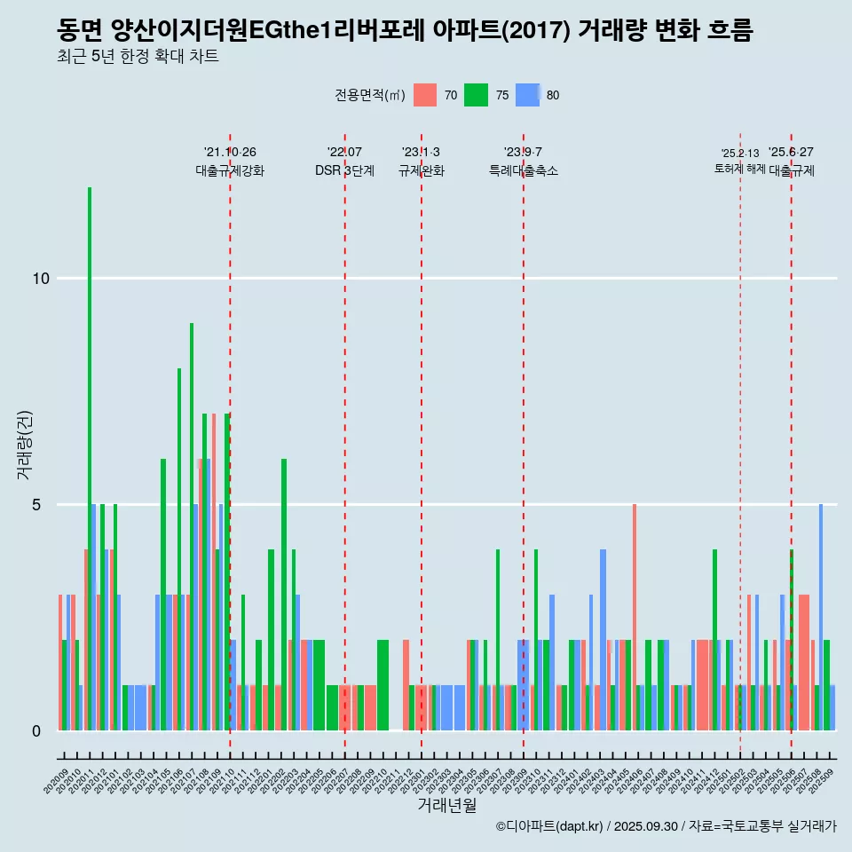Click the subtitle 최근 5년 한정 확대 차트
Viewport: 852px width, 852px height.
point(138,58)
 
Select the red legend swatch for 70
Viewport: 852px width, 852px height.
point(426,95)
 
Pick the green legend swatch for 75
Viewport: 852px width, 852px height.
point(477,95)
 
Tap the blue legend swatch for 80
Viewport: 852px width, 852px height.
point(528,95)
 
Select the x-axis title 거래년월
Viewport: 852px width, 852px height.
point(447,805)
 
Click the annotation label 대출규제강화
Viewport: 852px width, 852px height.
point(230,170)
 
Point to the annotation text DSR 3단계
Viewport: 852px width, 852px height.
point(344,170)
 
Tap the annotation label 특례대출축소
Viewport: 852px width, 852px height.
point(524,170)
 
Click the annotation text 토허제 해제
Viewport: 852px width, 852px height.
point(739,169)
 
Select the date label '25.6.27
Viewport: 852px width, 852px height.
point(791,153)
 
